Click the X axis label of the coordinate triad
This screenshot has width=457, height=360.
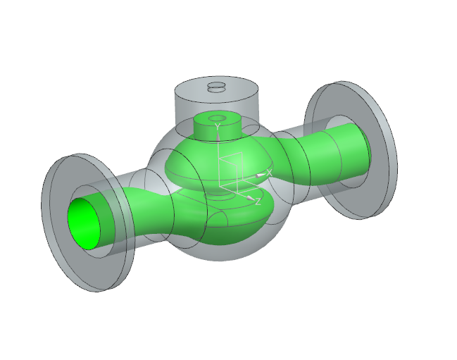click(269, 173)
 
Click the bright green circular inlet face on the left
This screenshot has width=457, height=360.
click(84, 223)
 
